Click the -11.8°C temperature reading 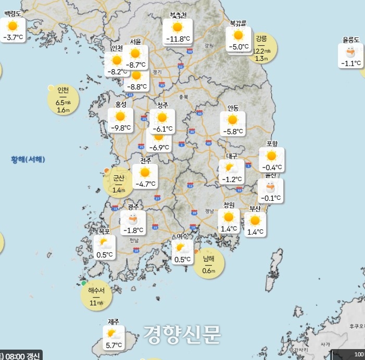178,39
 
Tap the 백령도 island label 12,15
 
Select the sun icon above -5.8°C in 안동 233,120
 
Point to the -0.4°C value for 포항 272,167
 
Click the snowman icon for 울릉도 351,52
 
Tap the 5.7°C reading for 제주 114,345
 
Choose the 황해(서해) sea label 28,159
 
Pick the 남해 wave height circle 208,263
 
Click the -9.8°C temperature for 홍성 121,128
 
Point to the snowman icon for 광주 133,218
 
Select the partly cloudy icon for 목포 104,242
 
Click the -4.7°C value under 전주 145,184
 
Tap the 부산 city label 255,209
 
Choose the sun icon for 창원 229,217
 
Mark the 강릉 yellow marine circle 261,48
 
